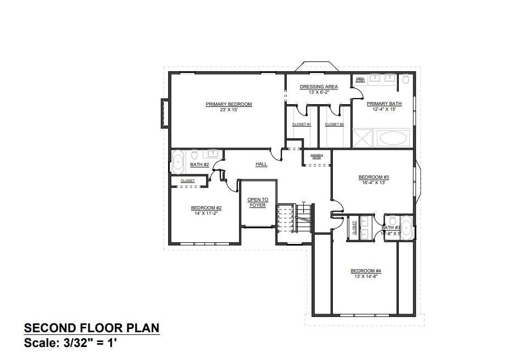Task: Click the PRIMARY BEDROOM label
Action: click(x=229, y=104)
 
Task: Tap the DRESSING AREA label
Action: click(x=319, y=87)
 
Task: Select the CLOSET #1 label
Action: click(x=302, y=124)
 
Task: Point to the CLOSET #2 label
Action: click(x=334, y=124)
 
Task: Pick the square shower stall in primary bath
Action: click(x=363, y=138)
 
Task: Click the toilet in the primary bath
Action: click(x=406, y=79)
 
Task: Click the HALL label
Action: click(x=261, y=164)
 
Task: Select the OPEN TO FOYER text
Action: click(x=257, y=202)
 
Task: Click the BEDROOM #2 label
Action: click(x=206, y=208)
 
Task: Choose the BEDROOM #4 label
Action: click(x=366, y=271)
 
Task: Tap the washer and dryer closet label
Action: click(x=316, y=156)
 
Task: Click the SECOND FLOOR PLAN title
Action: click(x=92, y=328)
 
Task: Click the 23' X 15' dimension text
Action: click(x=229, y=110)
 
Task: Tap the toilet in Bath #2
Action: click(x=194, y=155)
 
